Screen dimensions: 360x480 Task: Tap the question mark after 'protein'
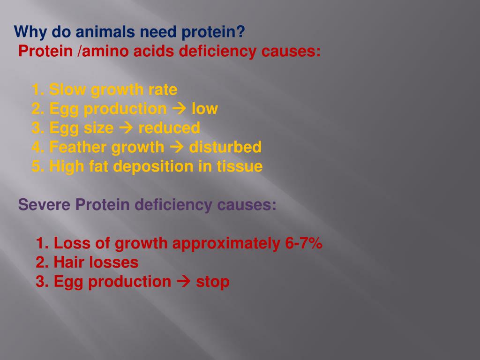[x=241, y=32]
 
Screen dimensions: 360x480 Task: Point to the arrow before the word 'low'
[x=179, y=109]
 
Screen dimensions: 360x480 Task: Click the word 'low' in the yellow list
[x=204, y=109]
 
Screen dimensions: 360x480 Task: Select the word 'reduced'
[x=169, y=128]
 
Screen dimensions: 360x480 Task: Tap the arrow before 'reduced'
[x=126, y=128]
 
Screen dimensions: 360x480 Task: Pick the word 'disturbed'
[x=225, y=147]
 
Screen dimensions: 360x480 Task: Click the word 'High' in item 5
[x=67, y=166]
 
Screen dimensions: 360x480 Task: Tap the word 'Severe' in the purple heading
[x=45, y=205]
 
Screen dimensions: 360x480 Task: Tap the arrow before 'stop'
[x=184, y=282]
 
